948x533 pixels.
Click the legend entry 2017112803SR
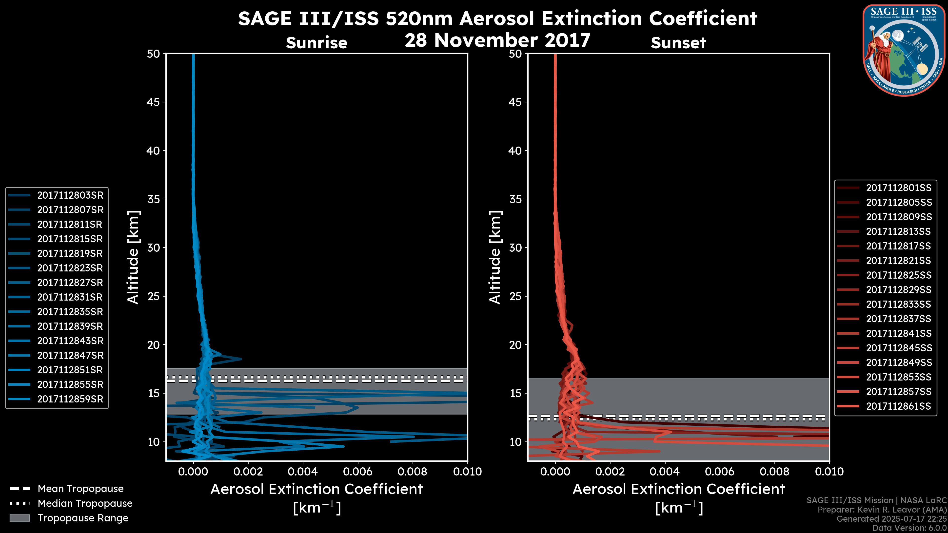coord(70,195)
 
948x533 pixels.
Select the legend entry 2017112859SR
coord(70,399)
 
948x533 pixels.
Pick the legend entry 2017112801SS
coord(898,188)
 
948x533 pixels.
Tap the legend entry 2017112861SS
coord(898,406)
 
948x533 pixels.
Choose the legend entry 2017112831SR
coord(70,297)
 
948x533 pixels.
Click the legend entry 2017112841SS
coord(898,333)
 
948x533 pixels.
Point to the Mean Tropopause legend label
coord(80,489)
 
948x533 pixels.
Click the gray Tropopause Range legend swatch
coord(20,518)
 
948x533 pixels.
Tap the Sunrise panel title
coord(316,43)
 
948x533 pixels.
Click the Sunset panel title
coord(678,43)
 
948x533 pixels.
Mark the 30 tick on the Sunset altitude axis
coord(515,247)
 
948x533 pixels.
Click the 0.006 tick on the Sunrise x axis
coord(358,472)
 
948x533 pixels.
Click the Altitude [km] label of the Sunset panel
coord(495,257)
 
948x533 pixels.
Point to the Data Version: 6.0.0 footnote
coord(910,528)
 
